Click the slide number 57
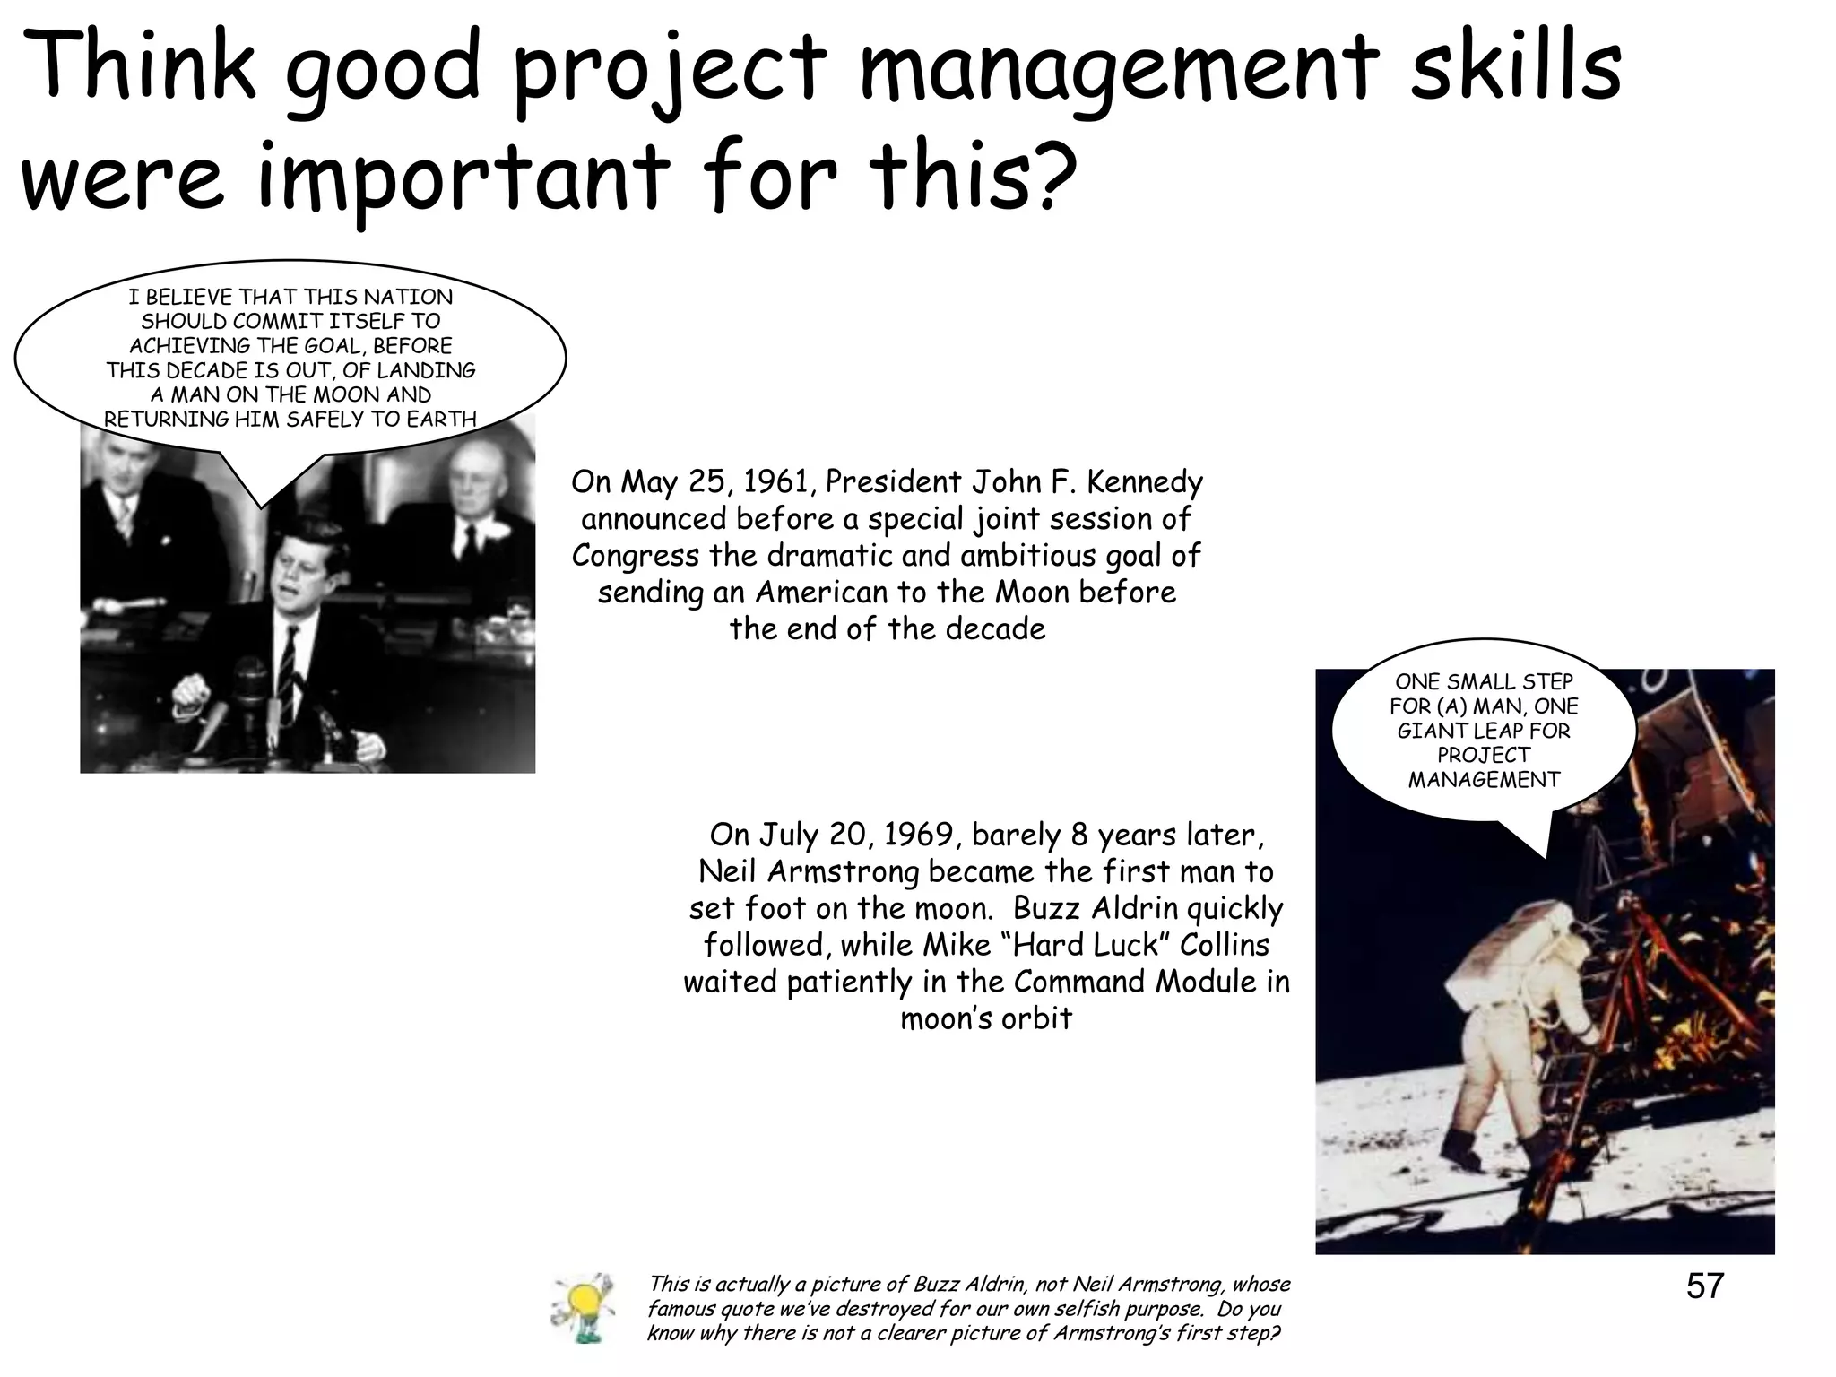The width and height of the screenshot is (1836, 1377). tap(1704, 1286)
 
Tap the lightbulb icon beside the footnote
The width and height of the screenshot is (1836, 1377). tap(582, 1308)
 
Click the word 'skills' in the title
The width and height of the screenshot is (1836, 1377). tap(1515, 67)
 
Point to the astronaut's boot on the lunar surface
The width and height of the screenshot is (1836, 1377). tap(1459, 1150)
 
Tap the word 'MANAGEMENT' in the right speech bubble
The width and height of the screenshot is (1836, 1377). tap(1484, 780)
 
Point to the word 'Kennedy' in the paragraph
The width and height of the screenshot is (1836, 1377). tap(1145, 482)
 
